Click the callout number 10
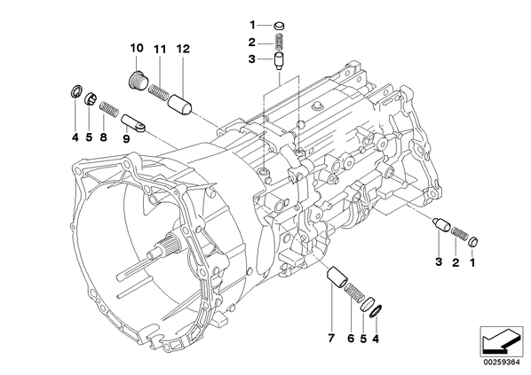tap(137, 49)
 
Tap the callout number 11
tap(160, 50)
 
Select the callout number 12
tap(183, 49)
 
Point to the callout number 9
tap(126, 138)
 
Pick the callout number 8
tap(104, 137)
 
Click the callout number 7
tap(331, 338)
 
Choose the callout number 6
tap(351, 338)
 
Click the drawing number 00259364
tap(502, 363)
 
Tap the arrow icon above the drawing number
tap(502, 340)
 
